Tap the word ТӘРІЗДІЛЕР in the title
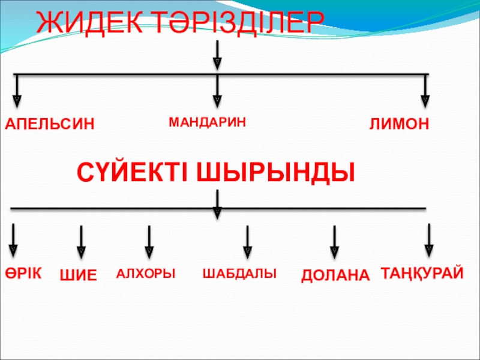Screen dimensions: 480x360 (234, 23)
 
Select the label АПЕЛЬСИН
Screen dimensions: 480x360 (50, 124)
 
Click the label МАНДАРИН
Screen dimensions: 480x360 (208, 122)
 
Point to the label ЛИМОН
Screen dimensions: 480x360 (399, 124)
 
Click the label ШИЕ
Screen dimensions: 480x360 (79, 276)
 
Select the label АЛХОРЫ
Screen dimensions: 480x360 (146, 274)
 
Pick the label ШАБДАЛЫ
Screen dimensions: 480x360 (239, 273)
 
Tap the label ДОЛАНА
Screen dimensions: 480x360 (335, 275)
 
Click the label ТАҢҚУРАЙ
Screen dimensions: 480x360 (422, 273)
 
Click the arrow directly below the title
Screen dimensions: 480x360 (217, 54)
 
